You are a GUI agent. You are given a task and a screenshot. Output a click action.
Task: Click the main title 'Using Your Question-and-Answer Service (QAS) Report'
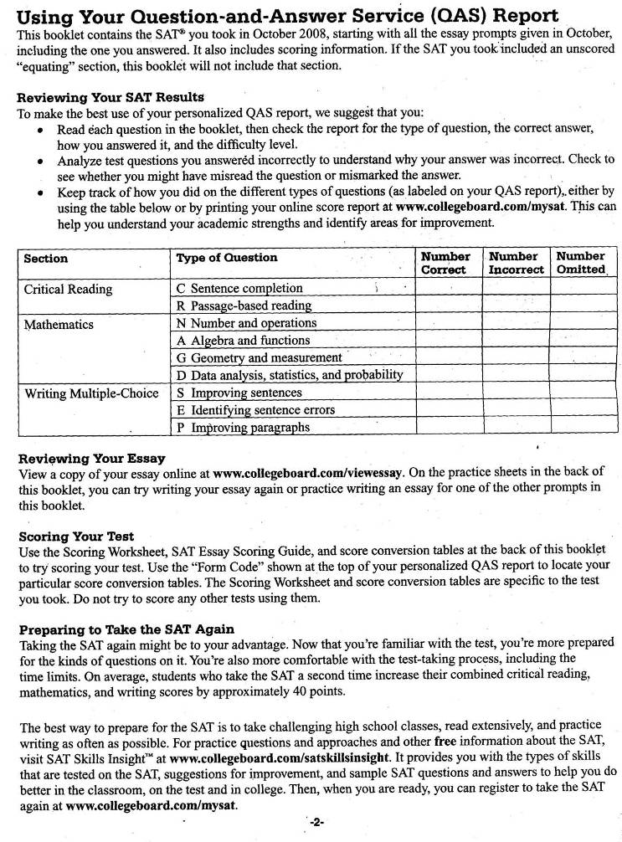[288, 17]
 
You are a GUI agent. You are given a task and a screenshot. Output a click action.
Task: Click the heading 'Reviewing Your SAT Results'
[111, 98]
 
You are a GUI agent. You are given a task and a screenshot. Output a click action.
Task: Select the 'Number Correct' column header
[445, 263]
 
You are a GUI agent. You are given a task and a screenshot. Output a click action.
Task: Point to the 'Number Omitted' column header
[581, 263]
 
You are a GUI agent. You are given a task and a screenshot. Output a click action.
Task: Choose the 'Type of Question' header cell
[227, 258]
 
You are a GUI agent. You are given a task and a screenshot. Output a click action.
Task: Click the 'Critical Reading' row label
[68, 289]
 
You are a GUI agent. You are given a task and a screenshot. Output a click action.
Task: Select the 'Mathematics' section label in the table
[59, 324]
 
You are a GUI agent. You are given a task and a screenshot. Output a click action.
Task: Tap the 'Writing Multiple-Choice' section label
[91, 393]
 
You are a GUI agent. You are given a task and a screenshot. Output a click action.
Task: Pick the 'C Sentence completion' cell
[240, 289]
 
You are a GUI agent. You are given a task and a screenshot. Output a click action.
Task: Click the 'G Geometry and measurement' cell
[259, 358]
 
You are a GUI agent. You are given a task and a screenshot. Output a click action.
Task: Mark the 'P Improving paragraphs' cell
[243, 428]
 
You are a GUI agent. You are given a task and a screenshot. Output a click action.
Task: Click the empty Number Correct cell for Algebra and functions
[448, 341]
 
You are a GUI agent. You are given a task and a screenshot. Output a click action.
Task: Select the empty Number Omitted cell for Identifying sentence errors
[583, 410]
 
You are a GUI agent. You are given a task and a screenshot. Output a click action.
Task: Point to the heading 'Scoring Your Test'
[76, 536]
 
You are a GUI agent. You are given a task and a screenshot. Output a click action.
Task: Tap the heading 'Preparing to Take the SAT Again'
[126, 629]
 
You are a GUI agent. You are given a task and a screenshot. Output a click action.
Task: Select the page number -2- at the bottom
[316, 823]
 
